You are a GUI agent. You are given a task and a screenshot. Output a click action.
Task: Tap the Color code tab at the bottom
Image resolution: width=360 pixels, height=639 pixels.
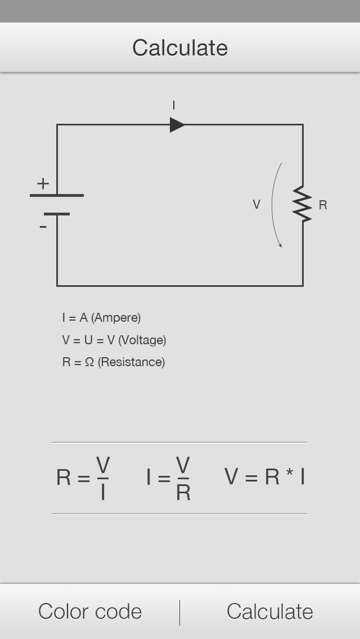point(90,611)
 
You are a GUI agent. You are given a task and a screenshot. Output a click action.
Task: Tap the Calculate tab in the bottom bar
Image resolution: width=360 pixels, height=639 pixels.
point(270,611)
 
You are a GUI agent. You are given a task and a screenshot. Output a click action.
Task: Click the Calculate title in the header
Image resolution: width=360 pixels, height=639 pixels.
point(180,48)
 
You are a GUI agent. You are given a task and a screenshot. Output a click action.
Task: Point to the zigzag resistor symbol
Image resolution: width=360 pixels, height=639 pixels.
point(303,204)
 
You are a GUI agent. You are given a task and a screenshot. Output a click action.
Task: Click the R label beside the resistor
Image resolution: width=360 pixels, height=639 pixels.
point(323,205)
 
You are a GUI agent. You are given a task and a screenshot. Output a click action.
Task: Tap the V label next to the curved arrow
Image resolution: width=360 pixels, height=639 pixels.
point(256,205)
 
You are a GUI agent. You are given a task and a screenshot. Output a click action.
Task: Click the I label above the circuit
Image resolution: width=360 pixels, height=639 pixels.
point(174,105)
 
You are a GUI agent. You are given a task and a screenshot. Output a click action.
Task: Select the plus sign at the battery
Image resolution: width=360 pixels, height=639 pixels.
point(43,183)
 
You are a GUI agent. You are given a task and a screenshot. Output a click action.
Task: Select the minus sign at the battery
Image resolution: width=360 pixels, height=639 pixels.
point(43,227)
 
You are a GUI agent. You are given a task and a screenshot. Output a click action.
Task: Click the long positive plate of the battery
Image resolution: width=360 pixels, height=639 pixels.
point(57,195)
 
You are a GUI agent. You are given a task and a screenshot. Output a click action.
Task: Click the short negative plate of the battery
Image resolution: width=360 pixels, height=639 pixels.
point(57,214)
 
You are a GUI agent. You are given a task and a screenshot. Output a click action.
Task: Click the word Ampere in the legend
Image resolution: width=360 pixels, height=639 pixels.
point(116,318)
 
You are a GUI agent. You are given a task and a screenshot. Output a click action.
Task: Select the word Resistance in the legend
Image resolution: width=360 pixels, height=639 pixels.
point(131,362)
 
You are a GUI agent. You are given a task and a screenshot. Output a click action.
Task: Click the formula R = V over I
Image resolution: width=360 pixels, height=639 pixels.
point(83,478)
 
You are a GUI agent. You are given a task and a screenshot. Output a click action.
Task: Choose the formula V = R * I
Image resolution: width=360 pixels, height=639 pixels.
point(264,476)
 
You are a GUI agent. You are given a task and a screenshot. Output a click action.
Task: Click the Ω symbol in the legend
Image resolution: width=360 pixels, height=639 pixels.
point(89,362)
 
